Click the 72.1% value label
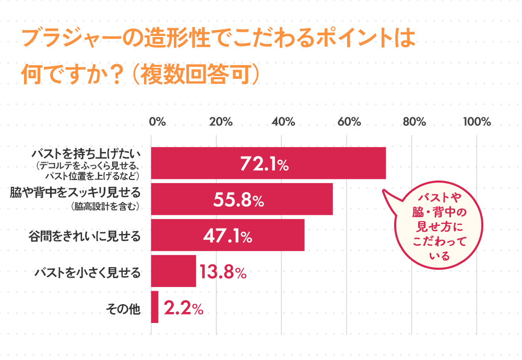click(x=264, y=164)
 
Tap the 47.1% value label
click(x=227, y=236)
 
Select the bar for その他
click(x=155, y=307)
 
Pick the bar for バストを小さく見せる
click(x=173, y=271)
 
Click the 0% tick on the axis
click(x=157, y=122)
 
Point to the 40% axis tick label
click(x=283, y=122)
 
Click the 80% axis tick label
click(x=414, y=122)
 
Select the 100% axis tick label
click(x=477, y=122)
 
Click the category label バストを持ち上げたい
click(x=86, y=154)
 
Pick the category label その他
click(x=123, y=308)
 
